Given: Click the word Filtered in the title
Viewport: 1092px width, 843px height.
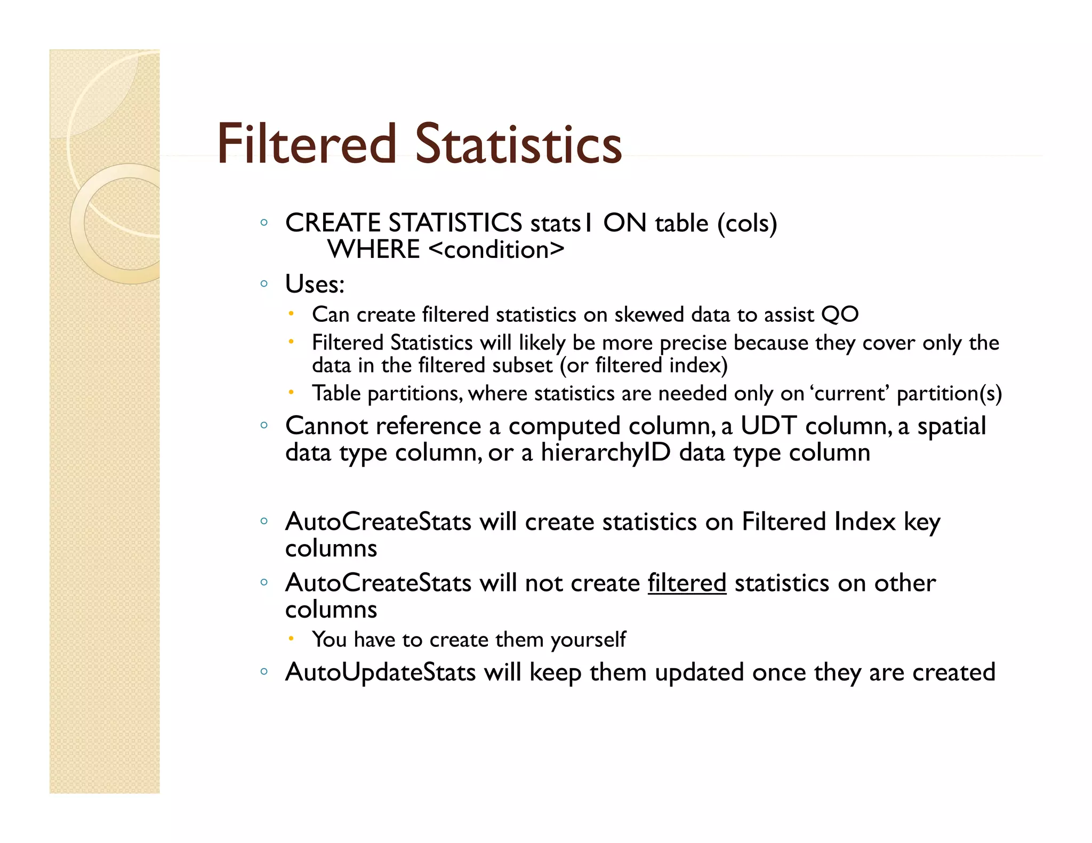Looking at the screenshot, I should pos(307,144).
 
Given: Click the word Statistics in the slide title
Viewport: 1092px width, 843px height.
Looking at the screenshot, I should pos(518,144).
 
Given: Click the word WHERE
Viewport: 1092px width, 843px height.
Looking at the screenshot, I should pos(374,249).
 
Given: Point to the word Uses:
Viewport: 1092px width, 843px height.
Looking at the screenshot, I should pos(315,284).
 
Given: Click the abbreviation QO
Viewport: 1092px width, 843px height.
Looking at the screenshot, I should pos(840,314).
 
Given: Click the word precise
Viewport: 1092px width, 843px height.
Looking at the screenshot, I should pos(693,343).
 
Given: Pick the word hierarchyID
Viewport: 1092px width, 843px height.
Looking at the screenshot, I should pos(605,452).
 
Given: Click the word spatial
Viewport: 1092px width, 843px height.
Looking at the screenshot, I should pos(951,426).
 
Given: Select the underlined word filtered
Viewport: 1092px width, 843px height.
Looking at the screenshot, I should pos(687,582).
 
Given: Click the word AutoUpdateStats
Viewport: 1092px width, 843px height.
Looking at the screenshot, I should pos(380,672).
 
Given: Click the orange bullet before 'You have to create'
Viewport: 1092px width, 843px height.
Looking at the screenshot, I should pos(291,637).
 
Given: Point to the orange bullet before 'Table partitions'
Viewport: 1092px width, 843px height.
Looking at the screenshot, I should pos(291,392).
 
